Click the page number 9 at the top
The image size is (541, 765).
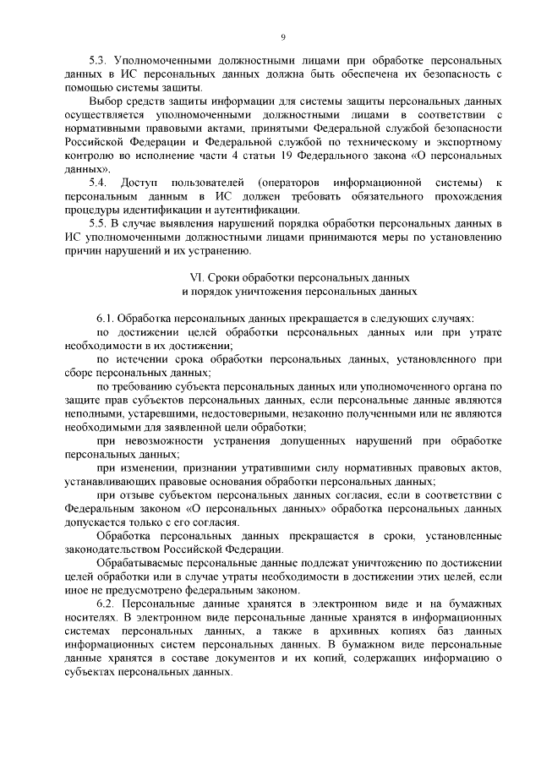pos(283,37)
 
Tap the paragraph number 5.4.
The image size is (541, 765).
pos(99,183)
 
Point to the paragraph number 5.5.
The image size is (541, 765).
pos(99,222)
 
